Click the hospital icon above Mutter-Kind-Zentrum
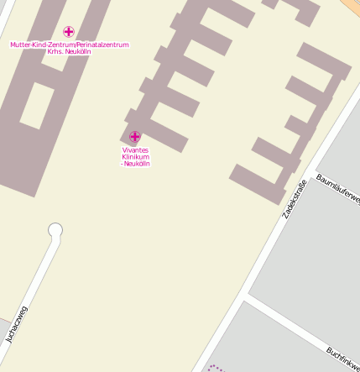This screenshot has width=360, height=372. (x=69, y=32)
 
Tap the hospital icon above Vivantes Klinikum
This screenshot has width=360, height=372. (x=135, y=136)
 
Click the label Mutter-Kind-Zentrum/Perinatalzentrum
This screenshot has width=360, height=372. (x=70, y=45)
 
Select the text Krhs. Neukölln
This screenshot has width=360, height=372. (x=70, y=51)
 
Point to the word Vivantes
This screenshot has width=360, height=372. (x=135, y=150)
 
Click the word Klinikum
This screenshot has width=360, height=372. (x=135, y=157)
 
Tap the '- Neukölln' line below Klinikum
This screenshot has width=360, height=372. (x=135, y=164)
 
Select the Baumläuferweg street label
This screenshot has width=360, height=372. (x=339, y=190)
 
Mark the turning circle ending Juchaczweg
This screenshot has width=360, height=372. (x=55, y=229)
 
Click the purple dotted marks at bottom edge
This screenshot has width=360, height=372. (x=217, y=368)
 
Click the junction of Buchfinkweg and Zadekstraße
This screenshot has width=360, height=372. (x=245, y=297)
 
